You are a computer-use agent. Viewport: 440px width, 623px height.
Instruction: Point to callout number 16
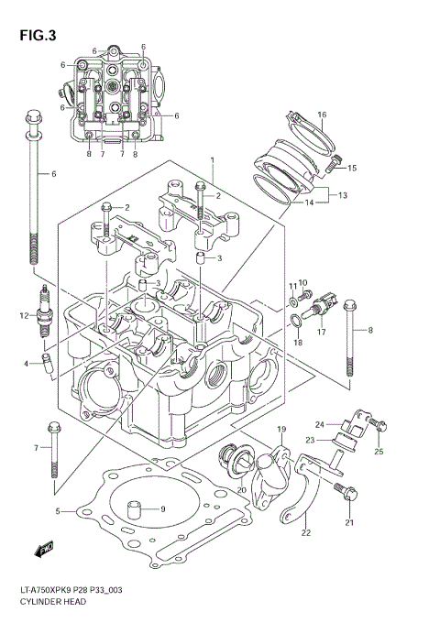[322, 115]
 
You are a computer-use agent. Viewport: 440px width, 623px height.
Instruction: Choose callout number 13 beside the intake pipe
[341, 195]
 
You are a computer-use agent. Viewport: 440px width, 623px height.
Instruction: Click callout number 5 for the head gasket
[57, 510]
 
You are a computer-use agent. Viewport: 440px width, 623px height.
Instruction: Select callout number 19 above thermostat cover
[281, 430]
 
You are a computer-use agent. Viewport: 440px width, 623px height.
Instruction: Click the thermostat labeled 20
[230, 456]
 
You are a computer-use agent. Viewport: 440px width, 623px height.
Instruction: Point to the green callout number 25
[379, 449]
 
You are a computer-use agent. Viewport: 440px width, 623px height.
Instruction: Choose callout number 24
[321, 424]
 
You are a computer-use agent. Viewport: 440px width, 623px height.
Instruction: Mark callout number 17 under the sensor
[322, 332]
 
